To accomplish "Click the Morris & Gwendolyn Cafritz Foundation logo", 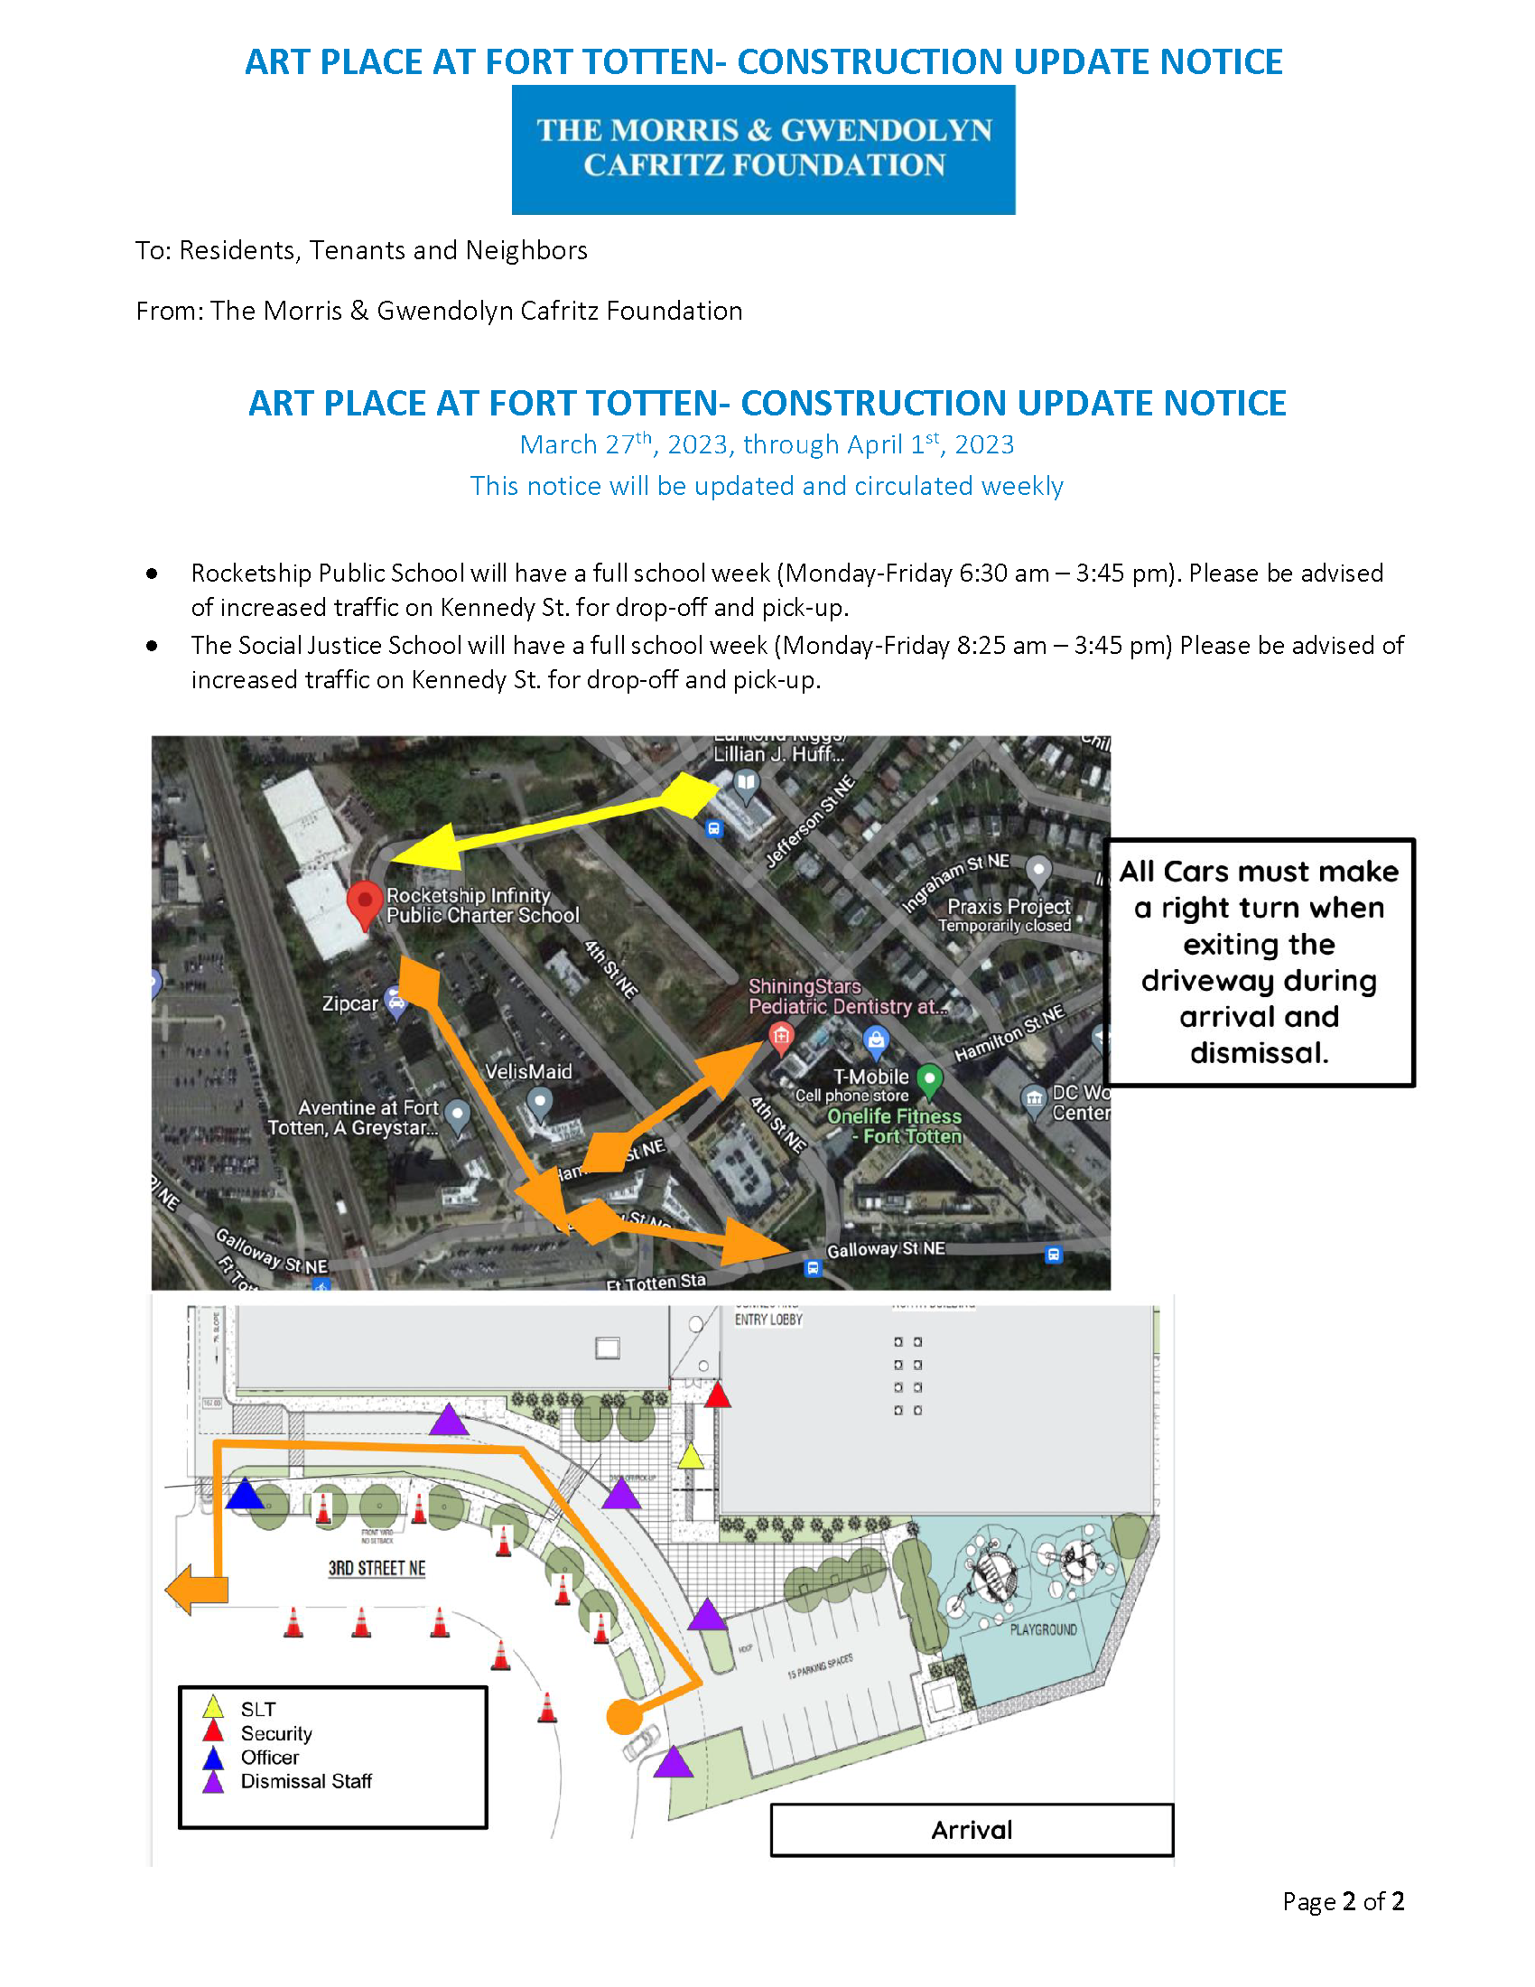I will pos(763,149).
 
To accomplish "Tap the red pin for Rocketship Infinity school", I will pos(365,901).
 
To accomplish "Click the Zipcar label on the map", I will pos(349,1003).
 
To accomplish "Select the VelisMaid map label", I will pos(528,1072).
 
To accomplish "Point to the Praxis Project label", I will pos(1009,906).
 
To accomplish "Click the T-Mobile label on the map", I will pos(870,1077).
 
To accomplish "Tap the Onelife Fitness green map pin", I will pos(928,1080).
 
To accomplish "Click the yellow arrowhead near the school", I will pos(425,847).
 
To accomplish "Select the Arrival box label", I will pos(972,1830).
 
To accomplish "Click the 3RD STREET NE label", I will pos(377,1568).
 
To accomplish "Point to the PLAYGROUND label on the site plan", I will pos(1043,1629).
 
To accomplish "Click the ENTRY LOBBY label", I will pos(768,1320).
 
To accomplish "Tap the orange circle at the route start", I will pos(624,1717).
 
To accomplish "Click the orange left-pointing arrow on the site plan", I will pos(196,1590).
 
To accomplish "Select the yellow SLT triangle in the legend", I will pos(213,1707).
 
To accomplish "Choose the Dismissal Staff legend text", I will pos(305,1780).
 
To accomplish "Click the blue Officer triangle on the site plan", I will pos(244,1494).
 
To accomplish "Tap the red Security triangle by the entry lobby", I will pos(718,1395).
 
